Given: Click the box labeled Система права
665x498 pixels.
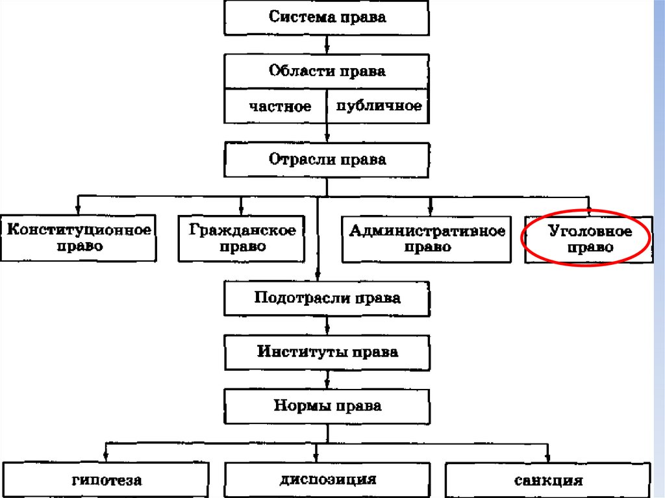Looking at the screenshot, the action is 327,18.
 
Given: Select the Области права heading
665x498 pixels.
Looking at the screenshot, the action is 327,71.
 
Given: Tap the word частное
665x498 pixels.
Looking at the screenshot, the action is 280,106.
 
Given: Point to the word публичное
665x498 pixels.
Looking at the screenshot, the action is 379,106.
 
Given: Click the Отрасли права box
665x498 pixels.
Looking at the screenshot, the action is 327,160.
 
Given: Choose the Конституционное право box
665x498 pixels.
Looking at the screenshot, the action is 79,238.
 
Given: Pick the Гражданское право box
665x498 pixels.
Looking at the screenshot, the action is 241,238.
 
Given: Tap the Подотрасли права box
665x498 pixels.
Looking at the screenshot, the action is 327,298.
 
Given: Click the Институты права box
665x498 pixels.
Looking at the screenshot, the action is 327,353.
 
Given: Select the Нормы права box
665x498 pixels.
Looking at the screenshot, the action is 327,406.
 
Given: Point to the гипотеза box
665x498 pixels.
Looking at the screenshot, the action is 107,480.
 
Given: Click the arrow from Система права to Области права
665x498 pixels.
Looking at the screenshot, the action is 327,45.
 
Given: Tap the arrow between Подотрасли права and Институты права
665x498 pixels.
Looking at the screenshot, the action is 327,325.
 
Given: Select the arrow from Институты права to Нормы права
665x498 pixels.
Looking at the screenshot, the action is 327,379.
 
